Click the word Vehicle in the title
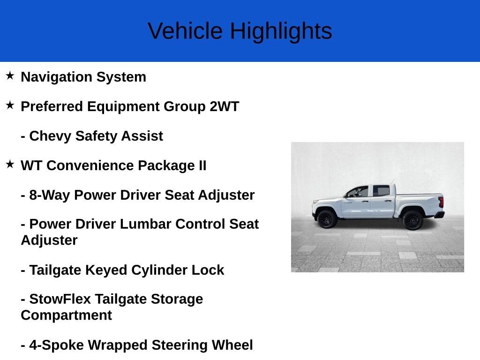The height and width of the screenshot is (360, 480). point(185,31)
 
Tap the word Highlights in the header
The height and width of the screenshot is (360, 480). point(281,31)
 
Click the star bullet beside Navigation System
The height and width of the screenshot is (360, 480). point(10,75)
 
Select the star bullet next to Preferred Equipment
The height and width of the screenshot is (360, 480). point(10,105)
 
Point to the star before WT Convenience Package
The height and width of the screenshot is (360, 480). point(10,164)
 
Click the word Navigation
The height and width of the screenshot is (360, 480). point(56,77)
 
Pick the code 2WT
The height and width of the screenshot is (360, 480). point(225,106)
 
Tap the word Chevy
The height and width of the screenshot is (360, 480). point(50,136)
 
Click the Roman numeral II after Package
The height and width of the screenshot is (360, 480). point(202,165)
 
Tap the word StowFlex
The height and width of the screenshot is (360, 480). point(60,299)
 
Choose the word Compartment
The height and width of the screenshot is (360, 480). point(67,315)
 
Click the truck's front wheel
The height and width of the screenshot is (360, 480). point(327,219)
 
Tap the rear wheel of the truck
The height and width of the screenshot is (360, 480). point(412,220)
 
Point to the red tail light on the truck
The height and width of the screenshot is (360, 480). point(441,202)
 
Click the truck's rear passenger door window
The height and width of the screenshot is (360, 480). point(381,191)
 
